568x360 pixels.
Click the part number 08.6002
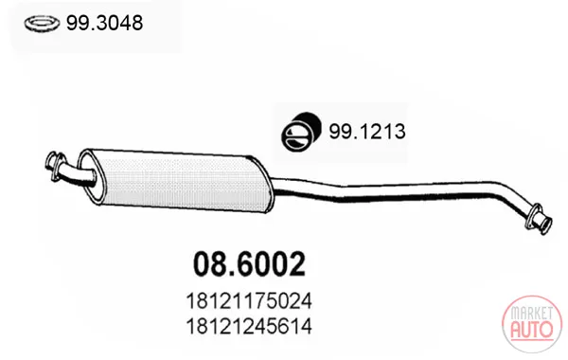coord(249,264)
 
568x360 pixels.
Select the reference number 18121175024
coord(249,301)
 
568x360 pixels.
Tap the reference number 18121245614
coord(249,326)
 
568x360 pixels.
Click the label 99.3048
coord(104,23)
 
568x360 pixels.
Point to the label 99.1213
coord(367,131)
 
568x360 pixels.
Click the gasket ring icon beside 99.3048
coord(42,24)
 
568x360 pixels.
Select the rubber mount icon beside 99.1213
coord(301,132)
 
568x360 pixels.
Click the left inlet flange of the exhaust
coord(55,166)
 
